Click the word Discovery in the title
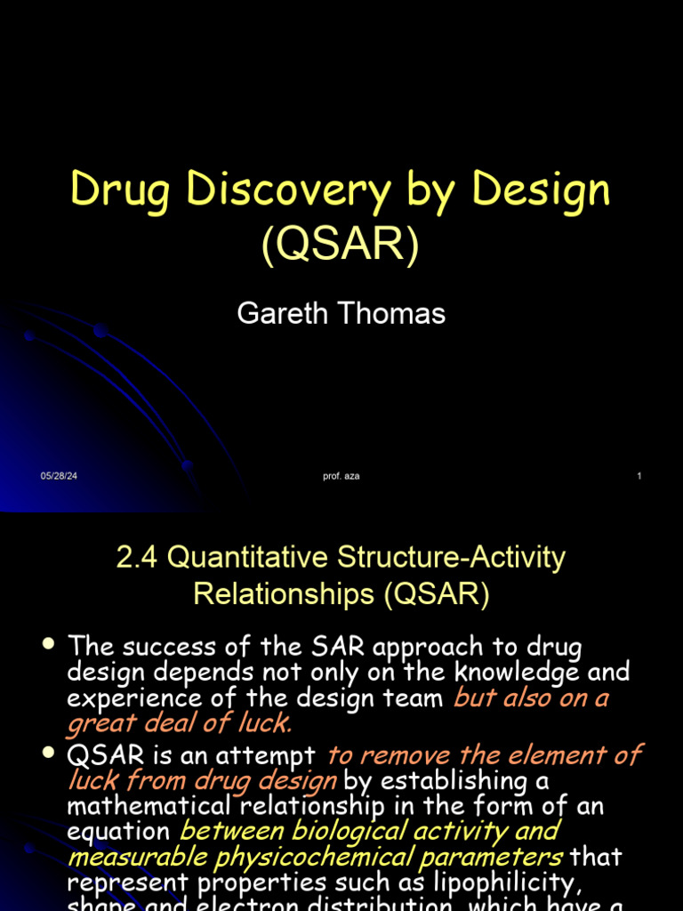coord(285,191)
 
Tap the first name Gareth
coord(283,313)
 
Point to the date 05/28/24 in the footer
coord(59,477)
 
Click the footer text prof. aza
coord(341,477)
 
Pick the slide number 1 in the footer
coord(639,477)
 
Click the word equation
coord(118,831)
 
